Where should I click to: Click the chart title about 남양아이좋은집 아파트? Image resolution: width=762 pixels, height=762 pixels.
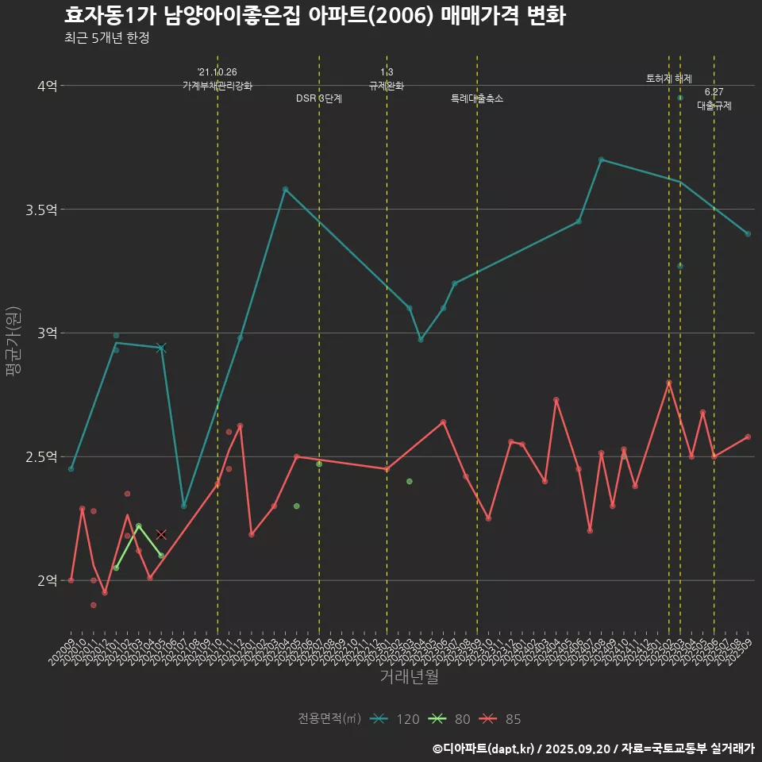(314, 16)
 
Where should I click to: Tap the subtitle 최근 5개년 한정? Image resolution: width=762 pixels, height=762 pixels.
(107, 38)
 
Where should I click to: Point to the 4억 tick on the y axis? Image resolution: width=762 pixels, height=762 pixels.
(47, 86)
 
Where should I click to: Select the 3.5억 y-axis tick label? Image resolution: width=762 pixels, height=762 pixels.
(41, 210)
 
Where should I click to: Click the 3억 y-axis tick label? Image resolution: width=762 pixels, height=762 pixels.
(47, 333)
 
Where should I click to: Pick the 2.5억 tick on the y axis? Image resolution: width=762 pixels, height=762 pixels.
(41, 457)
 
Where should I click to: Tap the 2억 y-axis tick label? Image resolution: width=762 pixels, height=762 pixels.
(47, 581)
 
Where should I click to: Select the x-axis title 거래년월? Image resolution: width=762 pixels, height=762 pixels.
(409, 676)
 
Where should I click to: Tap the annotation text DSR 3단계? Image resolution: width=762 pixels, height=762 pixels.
(319, 98)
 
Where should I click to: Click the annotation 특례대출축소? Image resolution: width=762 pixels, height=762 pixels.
(477, 98)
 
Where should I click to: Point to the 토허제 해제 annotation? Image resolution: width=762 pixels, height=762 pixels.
(669, 79)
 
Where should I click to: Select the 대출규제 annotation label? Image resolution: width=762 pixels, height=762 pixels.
(714, 105)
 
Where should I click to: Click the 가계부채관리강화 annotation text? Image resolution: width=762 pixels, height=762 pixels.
(217, 86)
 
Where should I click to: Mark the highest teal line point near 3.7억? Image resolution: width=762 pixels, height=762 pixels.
(601, 160)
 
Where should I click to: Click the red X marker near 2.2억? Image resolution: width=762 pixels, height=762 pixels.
(161, 535)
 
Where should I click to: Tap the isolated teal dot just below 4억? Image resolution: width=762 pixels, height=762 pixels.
(680, 98)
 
